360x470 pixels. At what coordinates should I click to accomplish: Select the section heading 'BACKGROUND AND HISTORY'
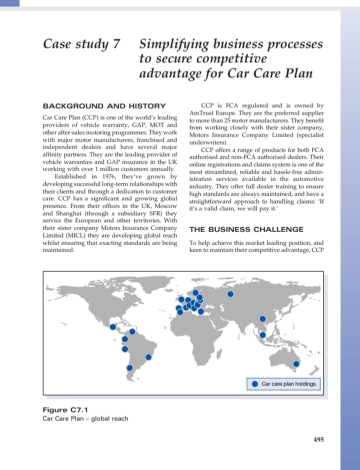pos(104,106)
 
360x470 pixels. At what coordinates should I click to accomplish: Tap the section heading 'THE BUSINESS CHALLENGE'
pos(246,229)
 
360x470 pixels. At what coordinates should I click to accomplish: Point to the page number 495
pos(318,440)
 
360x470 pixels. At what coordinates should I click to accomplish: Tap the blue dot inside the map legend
pos(255,384)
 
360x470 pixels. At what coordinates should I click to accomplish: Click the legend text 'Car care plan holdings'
pos(288,384)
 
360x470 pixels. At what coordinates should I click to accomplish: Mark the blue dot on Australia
pos(296,364)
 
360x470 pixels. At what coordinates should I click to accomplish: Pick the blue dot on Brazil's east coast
pos(148,357)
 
